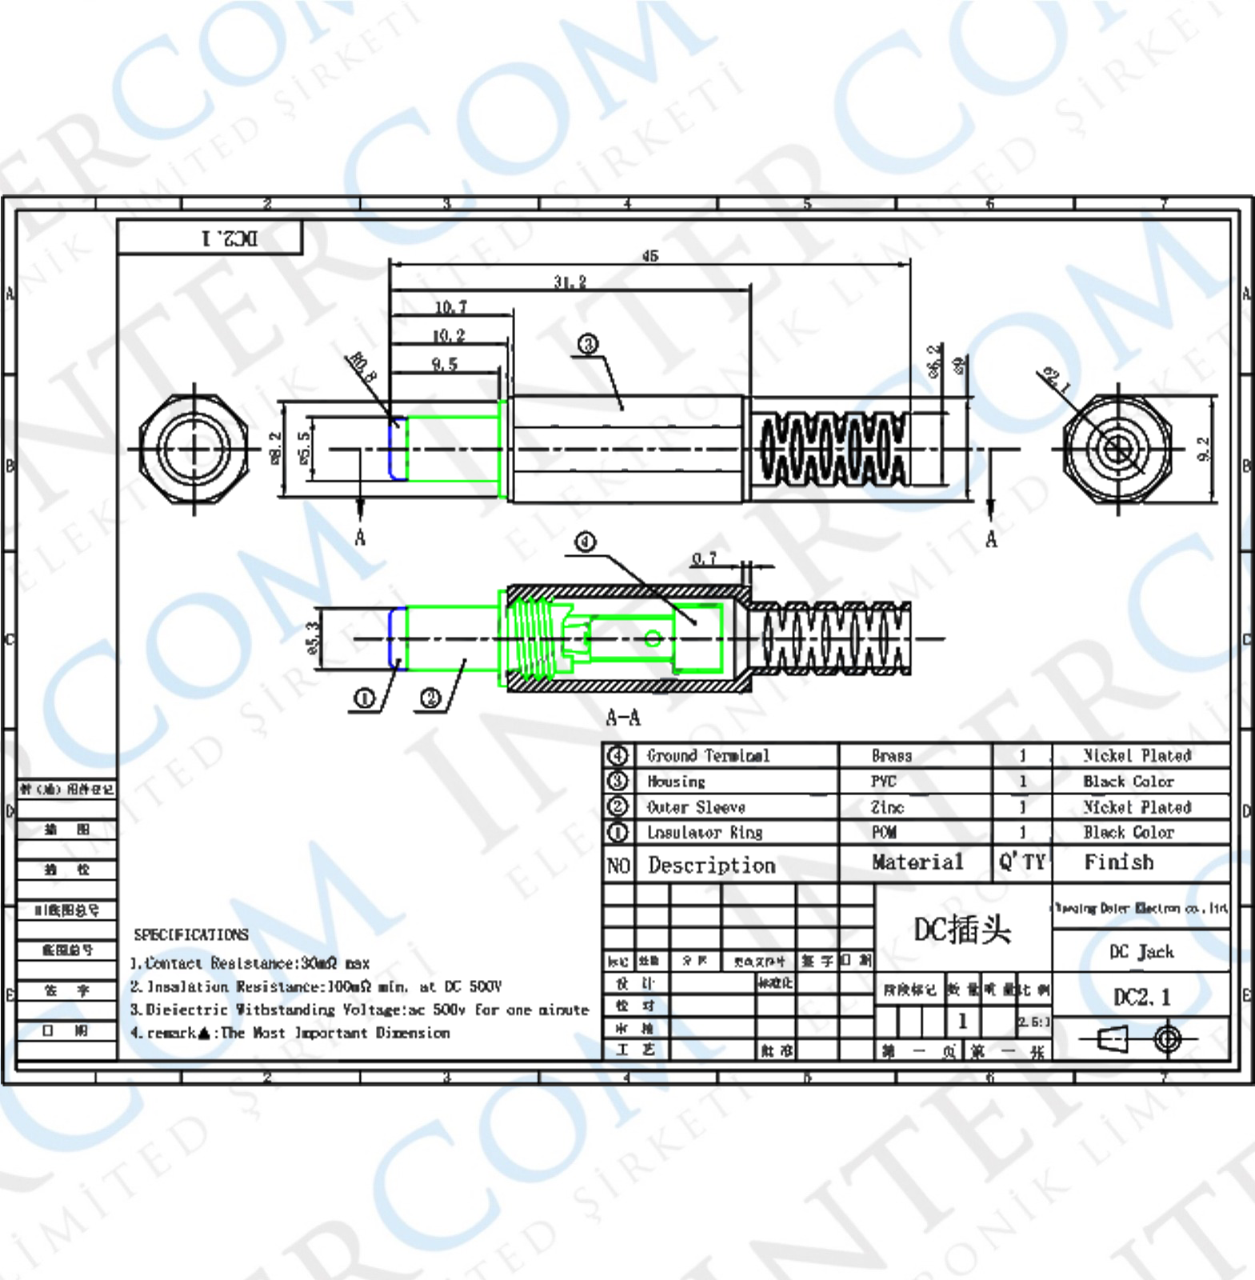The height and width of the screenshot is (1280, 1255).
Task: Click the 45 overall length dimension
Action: coord(649,256)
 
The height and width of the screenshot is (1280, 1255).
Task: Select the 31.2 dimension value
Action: coord(570,282)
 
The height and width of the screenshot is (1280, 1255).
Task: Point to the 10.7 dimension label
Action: coord(450,307)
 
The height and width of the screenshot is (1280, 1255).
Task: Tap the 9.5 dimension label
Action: coord(445,365)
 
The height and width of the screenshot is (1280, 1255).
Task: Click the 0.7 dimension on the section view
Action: coord(704,558)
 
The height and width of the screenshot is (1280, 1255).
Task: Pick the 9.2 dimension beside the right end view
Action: coord(1204,449)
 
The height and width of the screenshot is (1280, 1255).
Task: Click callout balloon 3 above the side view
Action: coord(588,345)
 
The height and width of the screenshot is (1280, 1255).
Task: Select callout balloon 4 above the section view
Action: coord(586,542)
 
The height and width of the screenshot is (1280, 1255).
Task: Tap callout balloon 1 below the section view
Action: coord(364,698)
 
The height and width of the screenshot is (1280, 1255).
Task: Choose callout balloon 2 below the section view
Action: coord(430,698)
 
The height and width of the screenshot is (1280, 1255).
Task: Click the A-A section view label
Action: coord(623,718)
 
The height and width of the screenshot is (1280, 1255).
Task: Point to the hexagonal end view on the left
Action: coord(194,449)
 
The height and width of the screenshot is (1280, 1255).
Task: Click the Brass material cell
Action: coord(891,756)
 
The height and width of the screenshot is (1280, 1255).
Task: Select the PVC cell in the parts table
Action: coord(884,782)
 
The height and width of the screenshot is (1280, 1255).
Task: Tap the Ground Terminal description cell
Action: coord(708,756)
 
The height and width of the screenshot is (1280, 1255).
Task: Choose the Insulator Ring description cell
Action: coord(705,833)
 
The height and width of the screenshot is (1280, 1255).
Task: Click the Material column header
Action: coord(917,862)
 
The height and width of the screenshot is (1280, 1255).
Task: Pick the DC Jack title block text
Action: coord(1141,952)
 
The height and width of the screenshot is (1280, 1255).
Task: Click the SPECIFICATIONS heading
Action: coord(191,934)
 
